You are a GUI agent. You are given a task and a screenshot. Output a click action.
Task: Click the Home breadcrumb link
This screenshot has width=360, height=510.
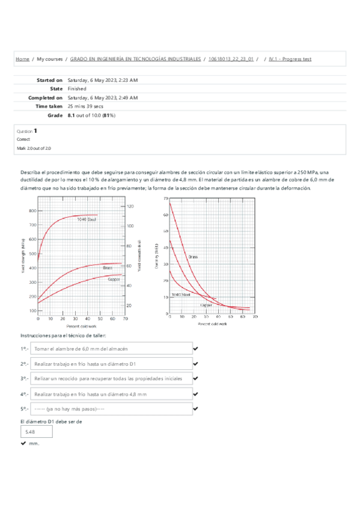tap(22, 60)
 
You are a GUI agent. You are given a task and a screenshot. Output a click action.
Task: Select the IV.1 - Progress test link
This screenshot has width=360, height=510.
tap(290, 60)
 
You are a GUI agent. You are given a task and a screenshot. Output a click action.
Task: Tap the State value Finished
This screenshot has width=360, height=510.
tap(77, 88)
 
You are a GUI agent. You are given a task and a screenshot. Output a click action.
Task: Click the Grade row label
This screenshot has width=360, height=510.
tap(55, 114)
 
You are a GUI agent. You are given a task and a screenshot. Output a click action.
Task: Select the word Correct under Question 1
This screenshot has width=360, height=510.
tap(23, 139)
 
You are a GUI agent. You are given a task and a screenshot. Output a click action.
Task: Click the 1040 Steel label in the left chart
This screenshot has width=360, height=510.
tap(87, 220)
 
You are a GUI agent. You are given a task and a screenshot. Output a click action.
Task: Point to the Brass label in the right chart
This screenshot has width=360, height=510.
tap(192, 257)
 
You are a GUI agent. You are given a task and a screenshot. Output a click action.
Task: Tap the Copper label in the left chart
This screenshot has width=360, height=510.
tap(114, 279)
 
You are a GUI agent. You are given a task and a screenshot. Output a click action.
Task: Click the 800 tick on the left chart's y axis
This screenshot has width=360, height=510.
tap(32, 211)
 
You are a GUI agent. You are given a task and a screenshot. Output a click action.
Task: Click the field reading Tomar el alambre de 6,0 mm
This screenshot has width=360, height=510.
tap(111, 349)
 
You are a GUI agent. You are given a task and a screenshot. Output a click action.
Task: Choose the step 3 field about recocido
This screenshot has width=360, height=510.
tap(111, 379)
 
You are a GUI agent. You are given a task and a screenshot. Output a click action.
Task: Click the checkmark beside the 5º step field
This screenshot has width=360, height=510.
tap(195, 409)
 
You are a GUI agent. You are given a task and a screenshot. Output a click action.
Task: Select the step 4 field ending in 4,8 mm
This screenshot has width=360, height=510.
tap(111, 394)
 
